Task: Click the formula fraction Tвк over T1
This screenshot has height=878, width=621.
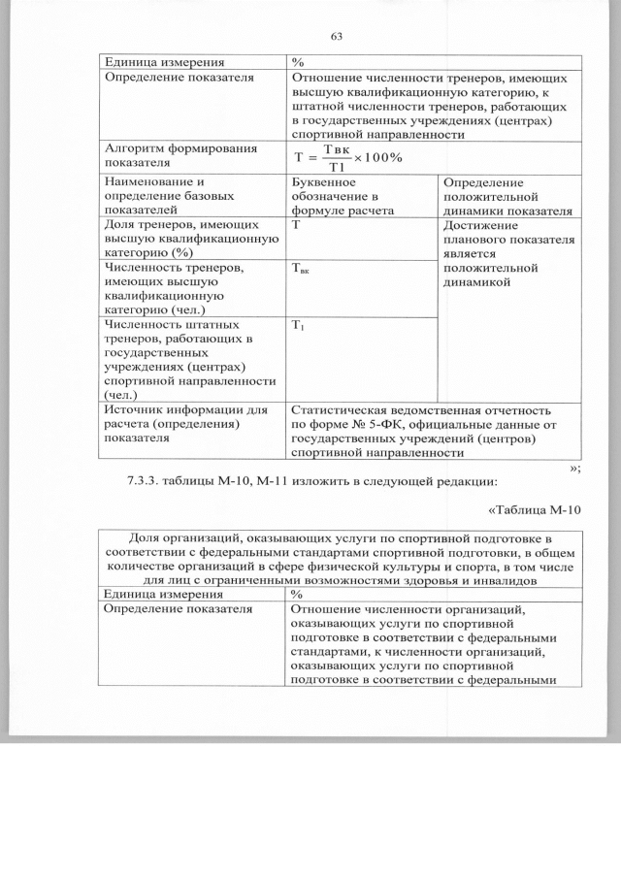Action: point(335,158)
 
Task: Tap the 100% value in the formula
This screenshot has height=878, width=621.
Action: point(385,158)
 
